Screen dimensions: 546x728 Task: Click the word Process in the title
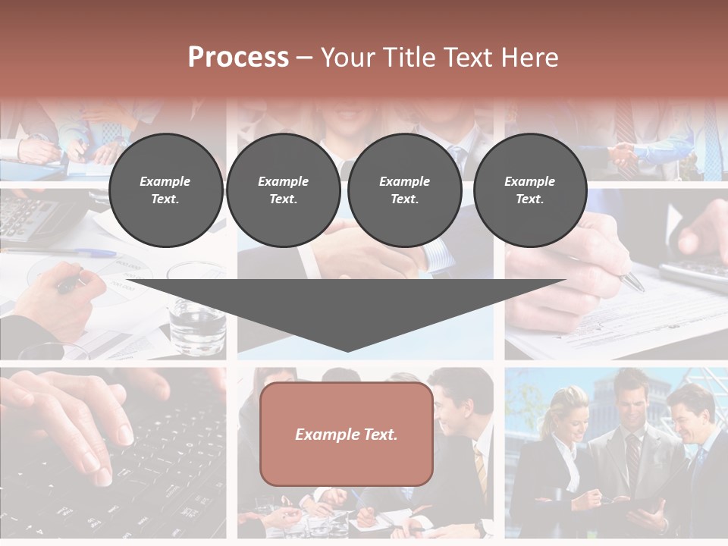click(238, 57)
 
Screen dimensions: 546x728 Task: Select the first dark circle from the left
click(165, 190)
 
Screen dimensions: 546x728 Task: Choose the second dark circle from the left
click(283, 190)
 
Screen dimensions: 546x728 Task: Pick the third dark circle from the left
click(404, 190)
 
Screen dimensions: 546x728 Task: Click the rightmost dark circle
click(529, 190)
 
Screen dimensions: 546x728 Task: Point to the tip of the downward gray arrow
click(347, 350)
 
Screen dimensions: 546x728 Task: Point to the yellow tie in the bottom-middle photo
click(480, 466)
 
